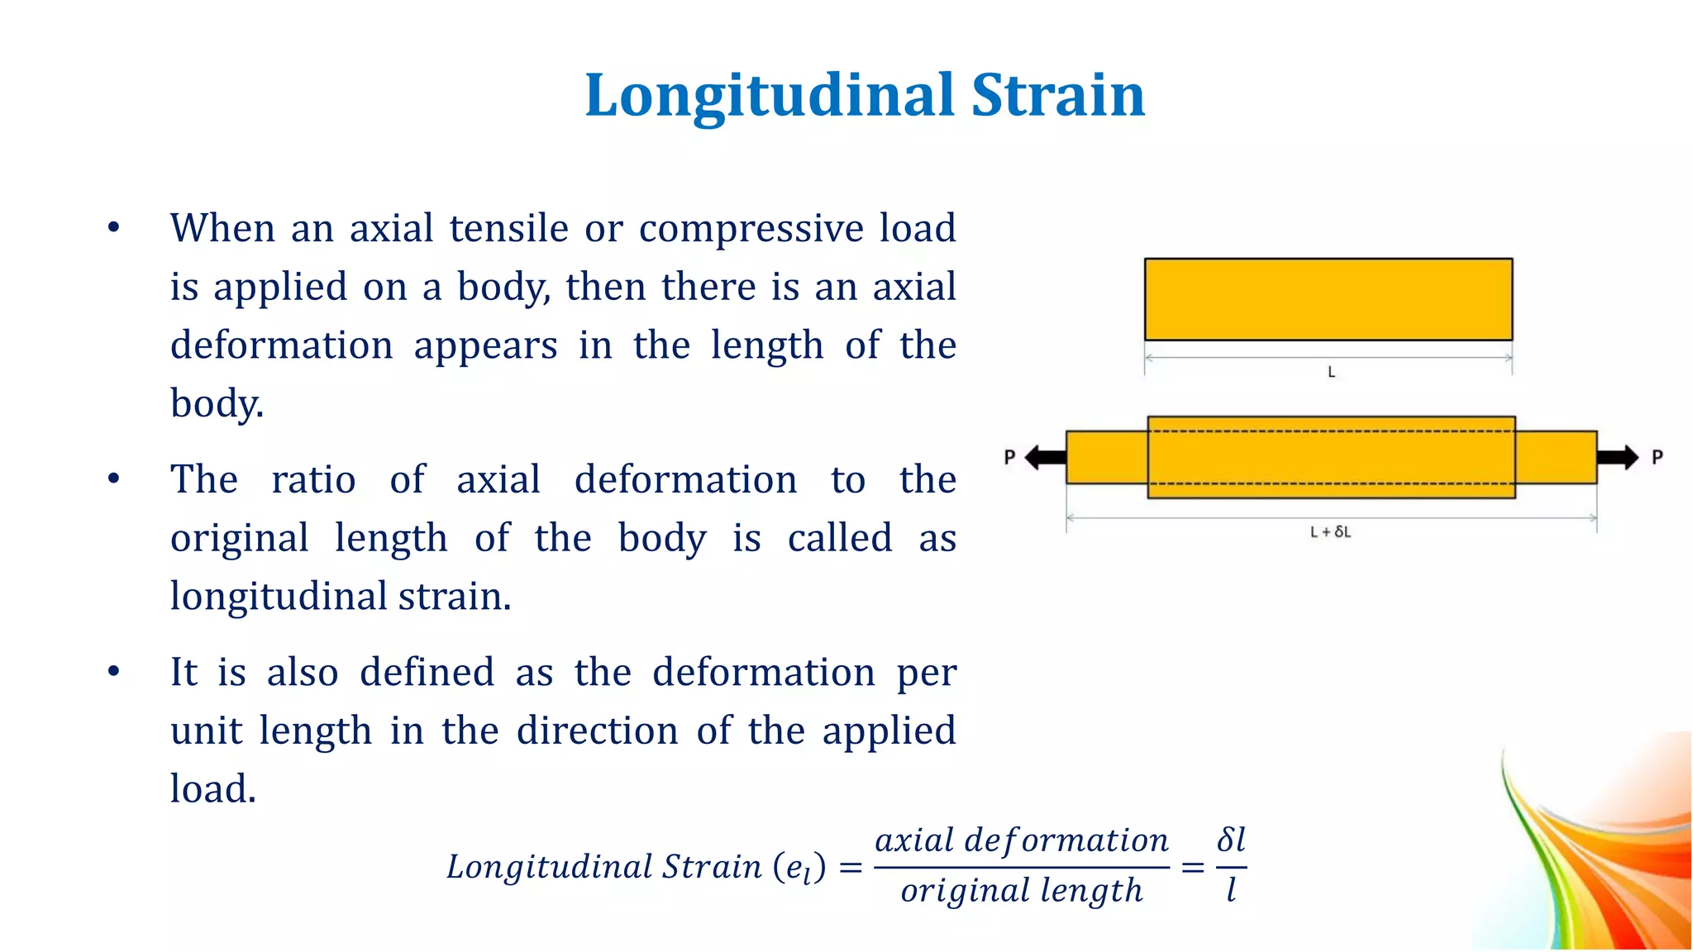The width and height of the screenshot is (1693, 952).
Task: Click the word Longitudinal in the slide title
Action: (770, 96)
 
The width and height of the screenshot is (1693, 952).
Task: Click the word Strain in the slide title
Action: (1058, 96)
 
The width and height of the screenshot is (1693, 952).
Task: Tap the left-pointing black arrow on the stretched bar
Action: (1045, 457)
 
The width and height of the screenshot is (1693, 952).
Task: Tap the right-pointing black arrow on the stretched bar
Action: (1617, 457)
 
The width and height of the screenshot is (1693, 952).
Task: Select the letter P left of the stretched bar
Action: (1009, 457)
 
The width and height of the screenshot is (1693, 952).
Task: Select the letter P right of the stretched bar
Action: (1657, 457)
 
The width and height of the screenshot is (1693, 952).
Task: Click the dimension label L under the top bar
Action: (1331, 373)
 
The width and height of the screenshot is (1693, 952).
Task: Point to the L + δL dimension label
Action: (1330, 532)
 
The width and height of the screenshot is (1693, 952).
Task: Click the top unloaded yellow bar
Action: (1328, 299)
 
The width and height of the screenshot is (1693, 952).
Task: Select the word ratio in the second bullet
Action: (313, 479)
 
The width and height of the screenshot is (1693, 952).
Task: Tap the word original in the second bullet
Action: (240, 538)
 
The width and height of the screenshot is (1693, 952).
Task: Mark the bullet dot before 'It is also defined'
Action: (114, 671)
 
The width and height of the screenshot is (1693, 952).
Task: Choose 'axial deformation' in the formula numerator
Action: (1022, 840)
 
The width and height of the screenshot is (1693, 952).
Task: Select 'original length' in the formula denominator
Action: (1022, 891)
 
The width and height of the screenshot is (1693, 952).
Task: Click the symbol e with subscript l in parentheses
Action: (799, 868)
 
